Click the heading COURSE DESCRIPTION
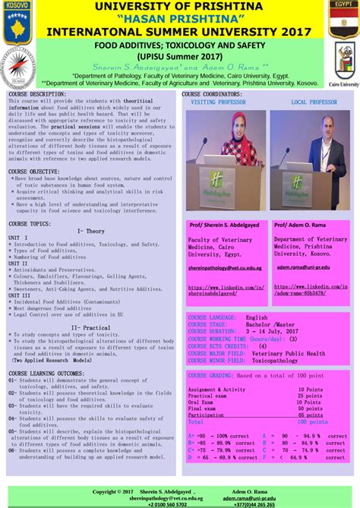pos(37,94)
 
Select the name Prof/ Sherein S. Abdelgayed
pos(226,226)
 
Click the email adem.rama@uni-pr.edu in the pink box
pos(303,268)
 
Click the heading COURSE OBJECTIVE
pos(34,172)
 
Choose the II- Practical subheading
pos(90,327)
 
